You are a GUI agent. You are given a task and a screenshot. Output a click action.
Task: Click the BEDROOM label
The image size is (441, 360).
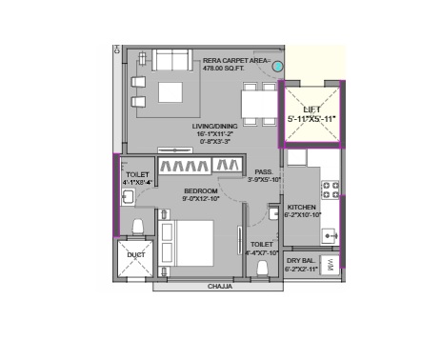[x=201, y=191]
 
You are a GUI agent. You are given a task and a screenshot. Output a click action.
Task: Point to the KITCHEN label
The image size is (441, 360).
[x=302, y=207]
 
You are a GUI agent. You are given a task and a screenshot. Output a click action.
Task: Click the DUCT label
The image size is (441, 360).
[x=136, y=255]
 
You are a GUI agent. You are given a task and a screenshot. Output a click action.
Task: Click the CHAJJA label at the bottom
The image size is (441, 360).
[x=222, y=285]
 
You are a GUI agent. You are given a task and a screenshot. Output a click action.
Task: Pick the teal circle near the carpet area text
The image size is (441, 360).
[x=277, y=67]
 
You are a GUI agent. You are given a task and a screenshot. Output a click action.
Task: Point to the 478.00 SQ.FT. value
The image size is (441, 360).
[x=230, y=69]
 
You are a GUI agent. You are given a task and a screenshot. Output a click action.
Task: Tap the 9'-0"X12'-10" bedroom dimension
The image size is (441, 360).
[x=201, y=200]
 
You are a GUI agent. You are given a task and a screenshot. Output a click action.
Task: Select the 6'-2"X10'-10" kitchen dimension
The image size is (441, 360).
[x=302, y=216]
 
